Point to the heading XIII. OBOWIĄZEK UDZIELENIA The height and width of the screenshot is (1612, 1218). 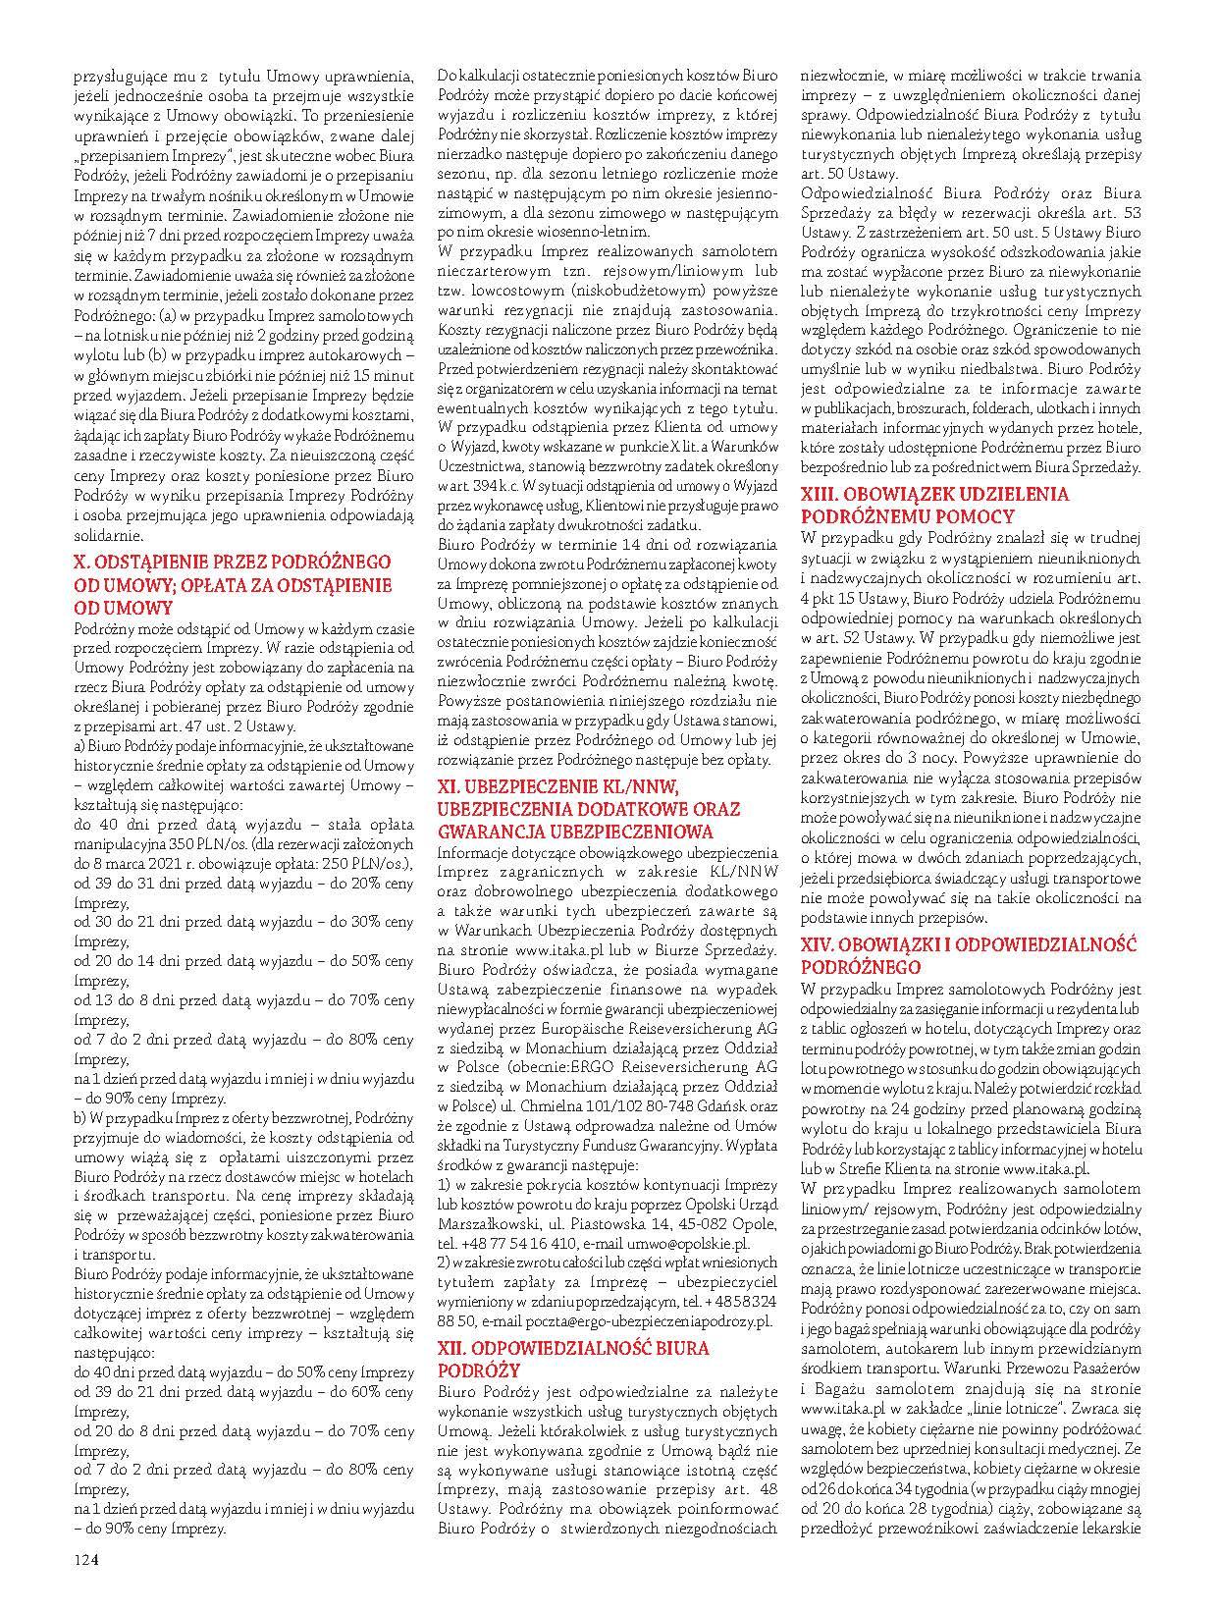pos(935,496)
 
